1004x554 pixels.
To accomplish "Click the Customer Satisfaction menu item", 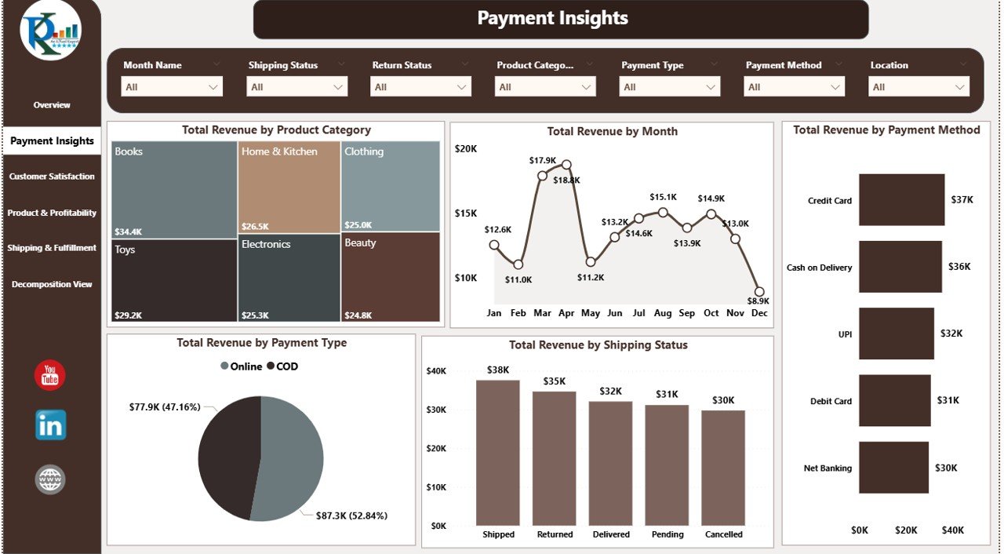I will (x=52, y=177).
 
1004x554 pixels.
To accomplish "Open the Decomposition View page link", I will (x=52, y=284).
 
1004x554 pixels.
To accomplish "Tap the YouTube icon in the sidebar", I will (x=50, y=375).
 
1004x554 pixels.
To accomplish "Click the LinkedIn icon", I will (x=51, y=425).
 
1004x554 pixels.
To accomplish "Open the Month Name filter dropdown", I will (x=172, y=87).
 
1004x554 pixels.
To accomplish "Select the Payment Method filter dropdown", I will (x=794, y=87).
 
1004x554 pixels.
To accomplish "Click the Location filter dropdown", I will (x=919, y=87).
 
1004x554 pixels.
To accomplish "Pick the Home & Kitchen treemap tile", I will (x=289, y=187).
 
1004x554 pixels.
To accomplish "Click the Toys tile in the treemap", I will (x=173, y=280).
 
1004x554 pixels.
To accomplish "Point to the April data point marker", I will (x=566, y=165).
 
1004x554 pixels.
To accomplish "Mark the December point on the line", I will (x=759, y=291).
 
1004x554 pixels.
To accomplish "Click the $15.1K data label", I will (x=663, y=197).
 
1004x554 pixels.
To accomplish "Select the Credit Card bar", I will (x=901, y=200).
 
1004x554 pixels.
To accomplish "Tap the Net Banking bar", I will (x=893, y=468).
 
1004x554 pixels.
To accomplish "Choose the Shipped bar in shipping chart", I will (x=498, y=453).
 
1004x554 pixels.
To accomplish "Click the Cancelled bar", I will (x=723, y=468).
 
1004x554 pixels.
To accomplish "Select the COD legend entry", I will (x=282, y=366).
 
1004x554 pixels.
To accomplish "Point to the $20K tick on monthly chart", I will (x=465, y=148).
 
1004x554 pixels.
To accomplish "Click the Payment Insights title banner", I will (x=560, y=19).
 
